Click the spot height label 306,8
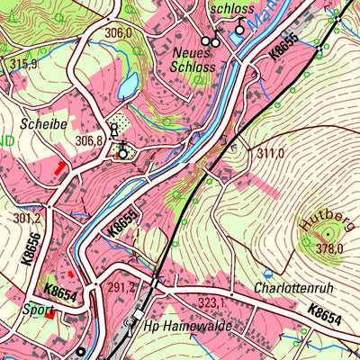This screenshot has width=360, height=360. pyautogui.click(x=90, y=141)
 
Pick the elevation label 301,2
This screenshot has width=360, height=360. pyautogui.click(x=27, y=219)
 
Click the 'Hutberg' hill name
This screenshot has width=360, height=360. pyautogui.click(x=321, y=220)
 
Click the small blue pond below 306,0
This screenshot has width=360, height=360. pyautogui.click(x=128, y=85)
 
